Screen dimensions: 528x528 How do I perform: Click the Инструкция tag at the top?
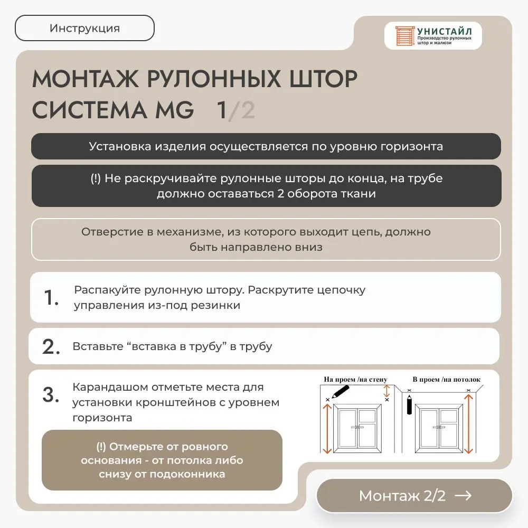point(84,29)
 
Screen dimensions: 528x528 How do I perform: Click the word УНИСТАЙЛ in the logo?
point(445,31)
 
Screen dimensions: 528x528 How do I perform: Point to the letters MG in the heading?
point(173,110)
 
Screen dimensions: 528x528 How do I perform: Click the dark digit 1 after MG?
point(222,110)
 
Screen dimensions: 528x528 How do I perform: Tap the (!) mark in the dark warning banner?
point(95,178)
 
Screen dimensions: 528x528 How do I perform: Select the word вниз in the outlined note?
point(308,247)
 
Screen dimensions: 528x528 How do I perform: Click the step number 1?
point(51,298)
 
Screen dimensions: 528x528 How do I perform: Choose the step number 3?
point(51,395)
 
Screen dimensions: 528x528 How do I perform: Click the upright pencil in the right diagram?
point(409,404)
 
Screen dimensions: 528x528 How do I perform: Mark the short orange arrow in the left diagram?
point(387,391)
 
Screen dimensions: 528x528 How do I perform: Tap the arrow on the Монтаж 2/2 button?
point(463,495)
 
